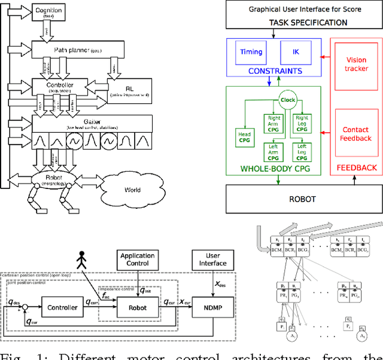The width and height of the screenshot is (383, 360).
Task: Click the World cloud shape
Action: click(128, 189)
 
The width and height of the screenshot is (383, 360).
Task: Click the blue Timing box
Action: click(251, 52)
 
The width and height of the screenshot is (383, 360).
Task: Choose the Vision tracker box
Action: click(357, 64)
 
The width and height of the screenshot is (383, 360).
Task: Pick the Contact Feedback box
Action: click(357, 134)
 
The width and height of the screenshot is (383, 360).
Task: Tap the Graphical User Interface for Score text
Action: click(303, 9)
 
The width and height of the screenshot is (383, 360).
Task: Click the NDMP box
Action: click(213, 307)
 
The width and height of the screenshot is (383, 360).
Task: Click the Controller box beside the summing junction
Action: click(62, 307)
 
